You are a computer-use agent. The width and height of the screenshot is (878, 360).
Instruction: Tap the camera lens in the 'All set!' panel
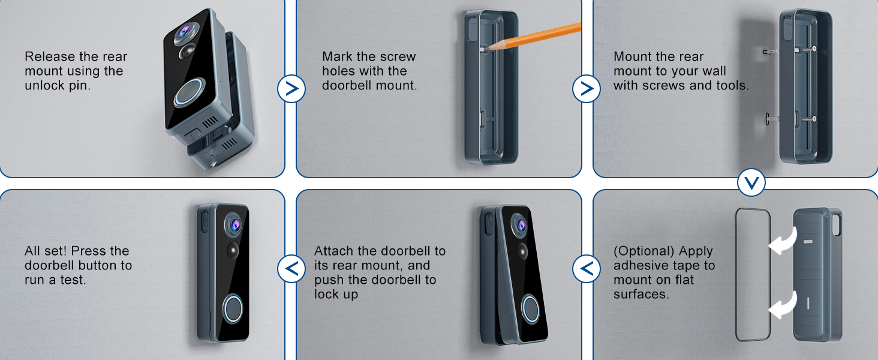233,225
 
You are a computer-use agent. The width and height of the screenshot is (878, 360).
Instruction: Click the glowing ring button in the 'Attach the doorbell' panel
530,309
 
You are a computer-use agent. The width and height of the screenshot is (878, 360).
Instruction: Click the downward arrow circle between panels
751,182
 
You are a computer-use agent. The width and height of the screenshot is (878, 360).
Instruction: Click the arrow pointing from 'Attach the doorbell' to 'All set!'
291,268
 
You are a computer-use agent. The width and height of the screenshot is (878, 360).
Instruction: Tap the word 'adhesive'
643,266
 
